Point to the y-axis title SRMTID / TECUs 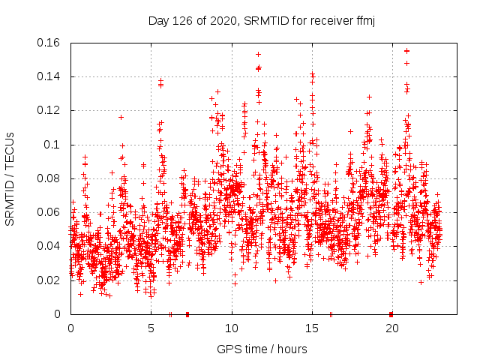click(10, 178)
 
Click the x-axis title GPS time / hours click(262, 349)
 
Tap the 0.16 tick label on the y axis click(50, 42)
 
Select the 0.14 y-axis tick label click(50, 76)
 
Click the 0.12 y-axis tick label click(50, 110)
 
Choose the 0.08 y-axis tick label click(50, 178)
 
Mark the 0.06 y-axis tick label click(50, 212)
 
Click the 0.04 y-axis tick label click(50, 246)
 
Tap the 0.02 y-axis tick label click(50, 280)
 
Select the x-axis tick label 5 click(151, 328)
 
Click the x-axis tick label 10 click(232, 328)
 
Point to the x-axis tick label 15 click(312, 328)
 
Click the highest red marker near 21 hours click(406, 51)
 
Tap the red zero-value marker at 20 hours click(391, 313)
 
